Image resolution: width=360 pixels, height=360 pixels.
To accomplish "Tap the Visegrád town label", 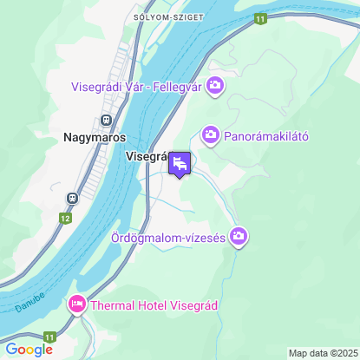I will pyautogui.click(x=146, y=157).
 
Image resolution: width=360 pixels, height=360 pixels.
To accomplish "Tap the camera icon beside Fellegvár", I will pyautogui.click(x=215, y=85).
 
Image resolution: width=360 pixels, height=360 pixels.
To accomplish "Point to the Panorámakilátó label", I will pyautogui.click(x=266, y=135).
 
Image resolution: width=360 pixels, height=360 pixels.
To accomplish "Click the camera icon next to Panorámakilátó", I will pyautogui.click(x=210, y=134).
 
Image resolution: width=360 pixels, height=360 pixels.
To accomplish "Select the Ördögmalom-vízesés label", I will pyautogui.click(x=168, y=237).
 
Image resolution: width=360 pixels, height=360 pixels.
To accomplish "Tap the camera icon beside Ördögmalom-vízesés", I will pyautogui.click(x=239, y=237).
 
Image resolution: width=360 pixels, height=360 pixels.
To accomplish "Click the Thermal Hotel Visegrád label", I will pyautogui.click(x=155, y=305).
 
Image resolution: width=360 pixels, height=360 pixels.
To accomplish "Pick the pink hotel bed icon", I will pyautogui.click(x=76, y=304).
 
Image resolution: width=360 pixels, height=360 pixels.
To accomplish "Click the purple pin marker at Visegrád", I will pyautogui.click(x=180, y=163).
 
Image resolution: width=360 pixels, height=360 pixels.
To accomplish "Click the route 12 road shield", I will pyautogui.click(x=67, y=219).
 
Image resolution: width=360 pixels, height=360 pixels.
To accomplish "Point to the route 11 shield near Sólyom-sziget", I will pyautogui.click(x=260, y=18).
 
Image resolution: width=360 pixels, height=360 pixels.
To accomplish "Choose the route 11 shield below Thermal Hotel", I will pyautogui.click(x=50, y=337).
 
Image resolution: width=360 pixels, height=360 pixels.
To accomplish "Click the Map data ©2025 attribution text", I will pyautogui.click(x=322, y=353).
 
